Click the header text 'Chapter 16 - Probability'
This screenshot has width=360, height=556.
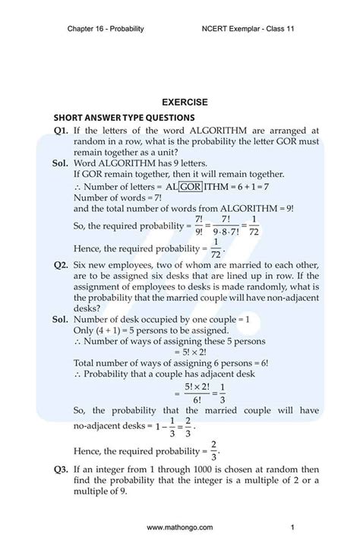(x=106, y=29)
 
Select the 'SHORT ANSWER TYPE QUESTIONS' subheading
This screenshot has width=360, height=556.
(x=124, y=118)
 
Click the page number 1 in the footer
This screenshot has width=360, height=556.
(x=292, y=527)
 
